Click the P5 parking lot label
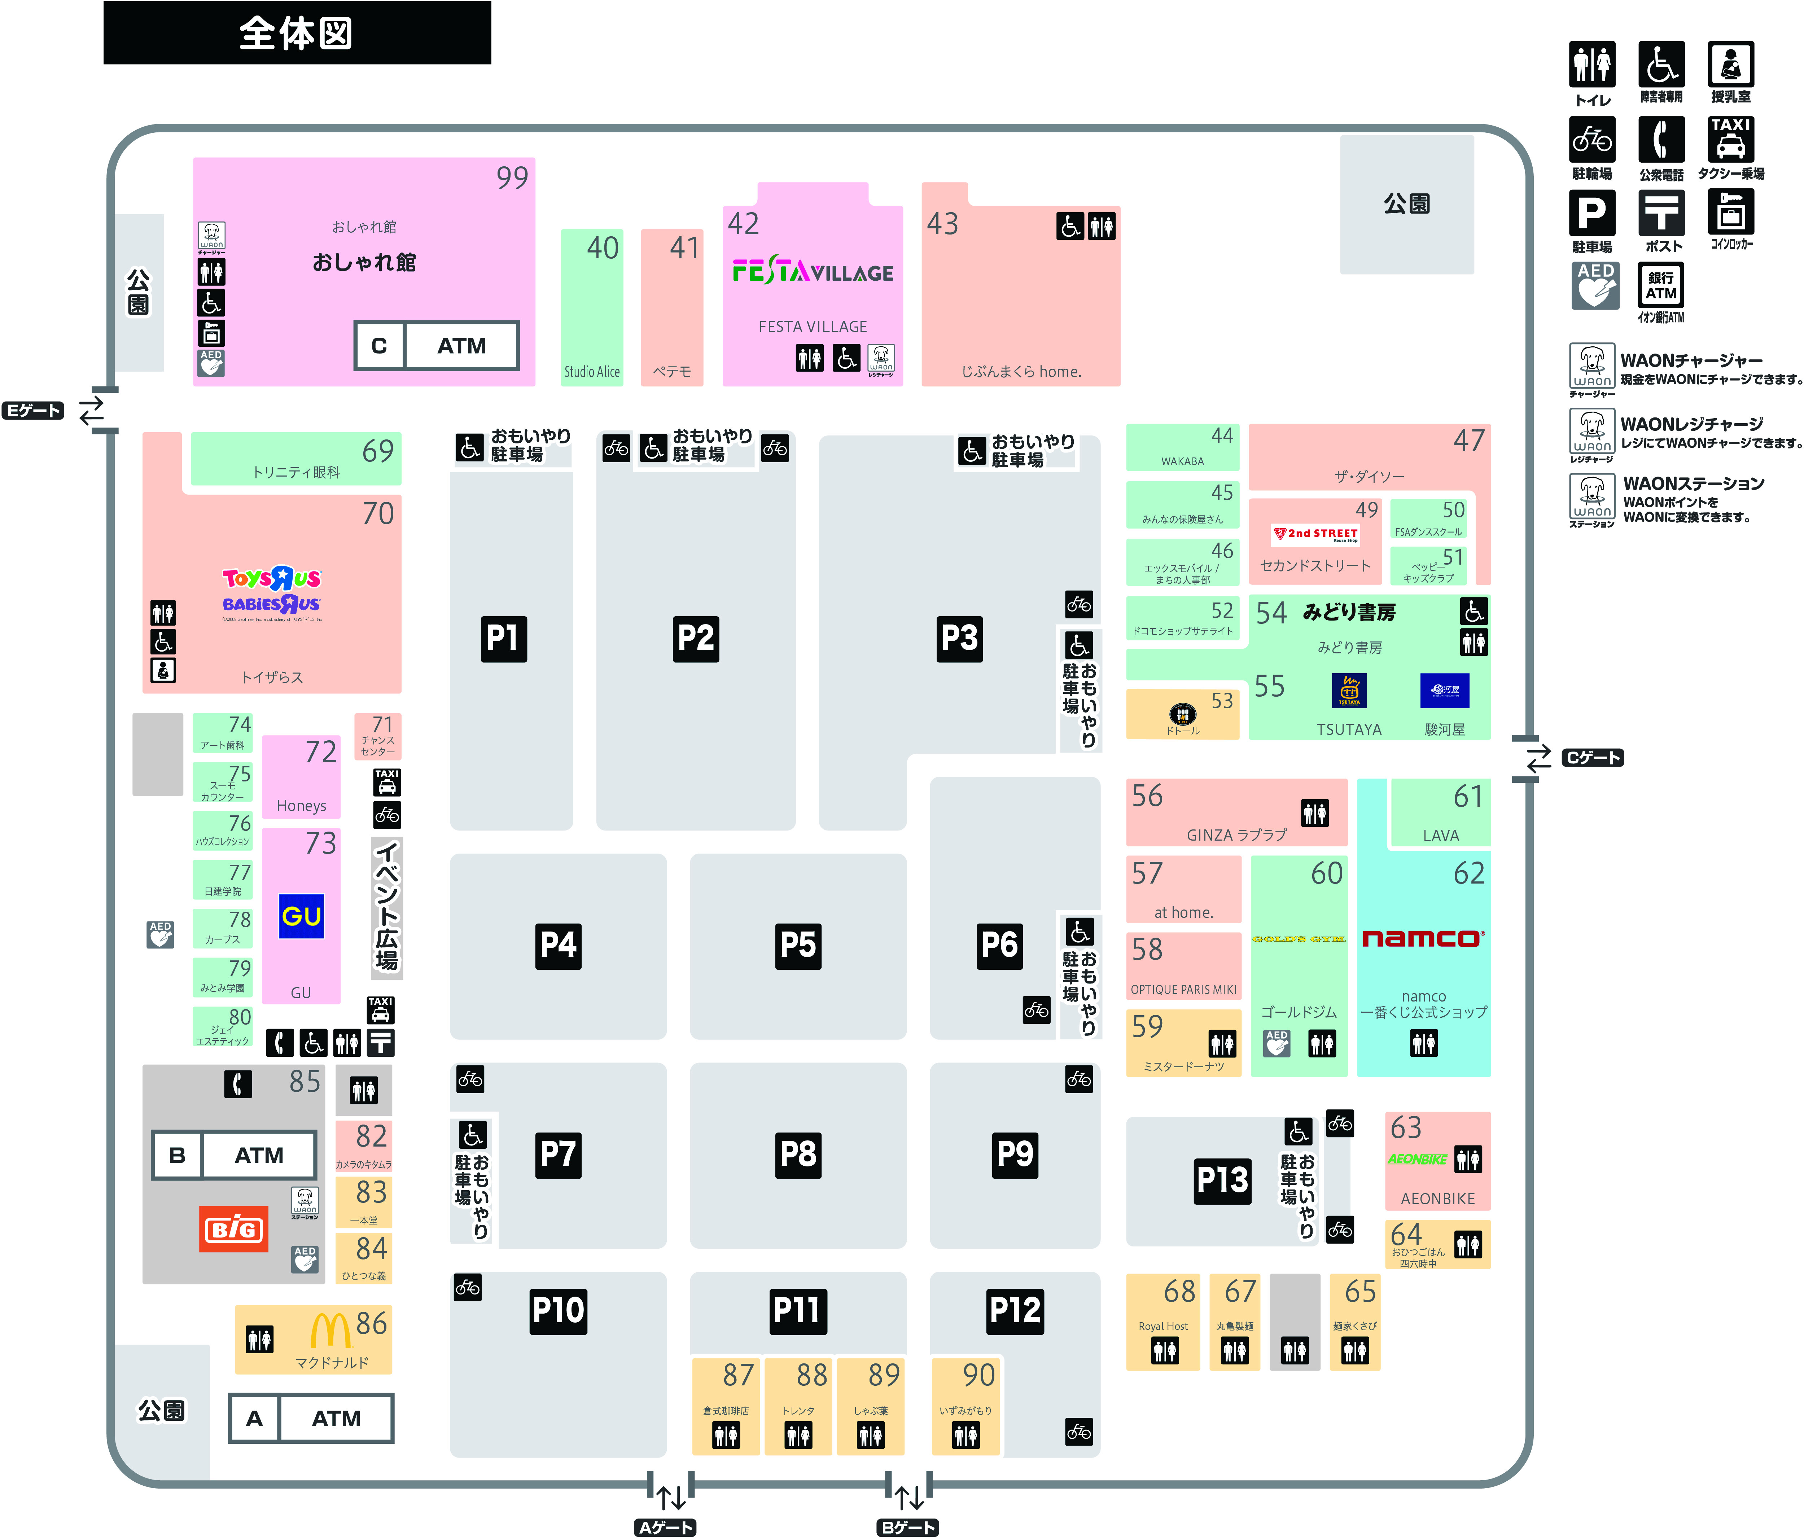point(797,945)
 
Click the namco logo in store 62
point(1423,938)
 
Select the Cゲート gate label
point(1593,757)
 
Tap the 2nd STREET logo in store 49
point(1315,534)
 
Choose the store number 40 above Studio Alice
point(603,248)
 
